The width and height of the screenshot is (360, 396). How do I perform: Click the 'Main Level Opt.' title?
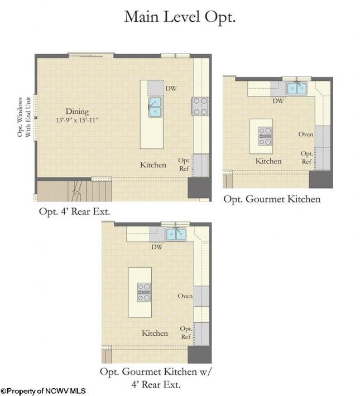pos(180,17)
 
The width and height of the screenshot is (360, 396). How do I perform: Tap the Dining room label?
pos(77,112)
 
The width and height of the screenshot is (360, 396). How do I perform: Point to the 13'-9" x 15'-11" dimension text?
pos(77,120)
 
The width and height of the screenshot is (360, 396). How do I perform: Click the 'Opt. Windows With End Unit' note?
pos(24,117)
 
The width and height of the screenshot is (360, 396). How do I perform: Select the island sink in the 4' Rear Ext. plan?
pos(155,107)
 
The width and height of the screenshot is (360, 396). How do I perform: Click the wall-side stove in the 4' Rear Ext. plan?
pos(200,107)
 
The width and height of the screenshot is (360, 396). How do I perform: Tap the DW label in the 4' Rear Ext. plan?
pos(171,88)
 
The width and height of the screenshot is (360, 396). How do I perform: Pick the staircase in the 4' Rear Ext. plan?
pos(74,191)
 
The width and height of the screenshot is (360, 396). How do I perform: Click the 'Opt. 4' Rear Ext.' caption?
pos(74,211)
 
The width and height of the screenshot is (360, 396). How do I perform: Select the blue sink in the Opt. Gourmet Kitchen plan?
pos(297,88)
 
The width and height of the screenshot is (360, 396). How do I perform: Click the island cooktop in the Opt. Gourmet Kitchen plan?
pos(265,137)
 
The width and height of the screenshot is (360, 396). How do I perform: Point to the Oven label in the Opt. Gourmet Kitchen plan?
pos(306,134)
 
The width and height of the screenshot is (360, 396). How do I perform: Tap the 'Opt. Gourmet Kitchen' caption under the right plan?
pos(272,199)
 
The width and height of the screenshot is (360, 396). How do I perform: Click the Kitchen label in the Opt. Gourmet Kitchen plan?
pos(268,161)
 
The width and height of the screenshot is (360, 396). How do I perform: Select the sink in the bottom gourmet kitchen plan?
pos(176,234)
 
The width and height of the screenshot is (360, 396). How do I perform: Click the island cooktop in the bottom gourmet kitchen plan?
pos(144,292)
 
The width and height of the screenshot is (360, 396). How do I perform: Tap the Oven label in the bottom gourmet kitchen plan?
pos(185,296)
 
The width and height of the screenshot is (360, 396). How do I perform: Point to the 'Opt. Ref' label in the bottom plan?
pos(186,332)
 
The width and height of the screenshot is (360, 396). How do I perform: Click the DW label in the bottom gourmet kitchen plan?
pos(157,247)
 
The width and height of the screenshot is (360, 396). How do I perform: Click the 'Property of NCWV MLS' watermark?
pos(43,391)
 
